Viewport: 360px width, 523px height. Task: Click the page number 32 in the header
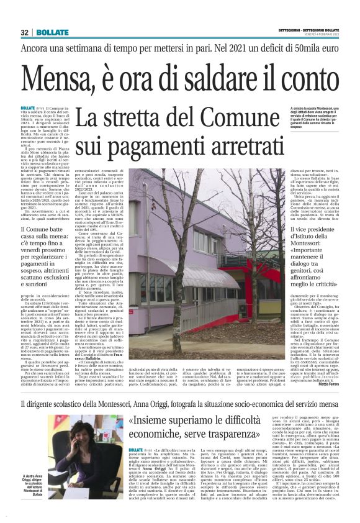coord(25,32)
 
